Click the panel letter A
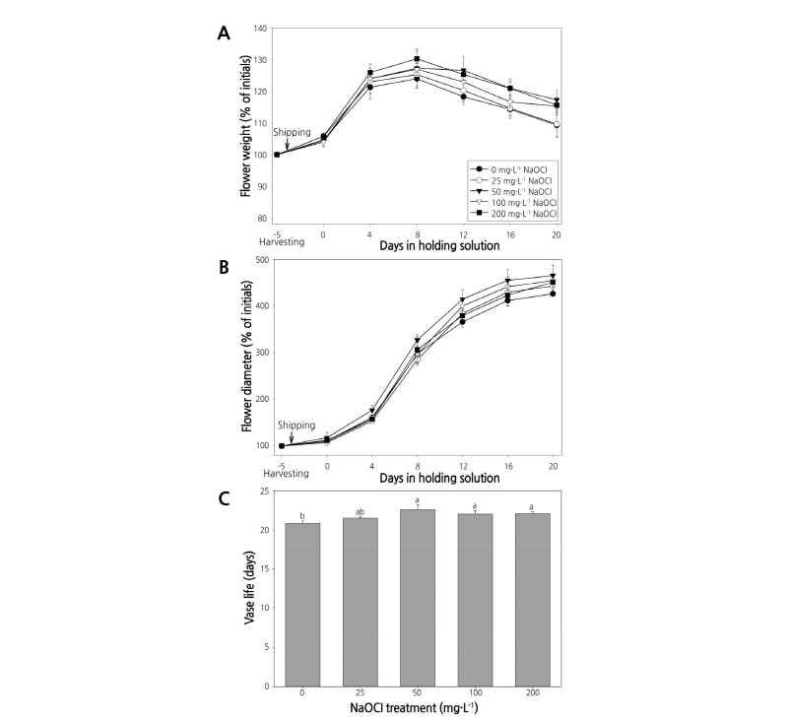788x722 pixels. tap(224, 33)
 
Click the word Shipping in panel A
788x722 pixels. tap(293, 132)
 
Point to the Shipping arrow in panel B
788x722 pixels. tap(293, 437)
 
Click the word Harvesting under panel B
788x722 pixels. tap(285, 473)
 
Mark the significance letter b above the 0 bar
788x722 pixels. tap(302, 516)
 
